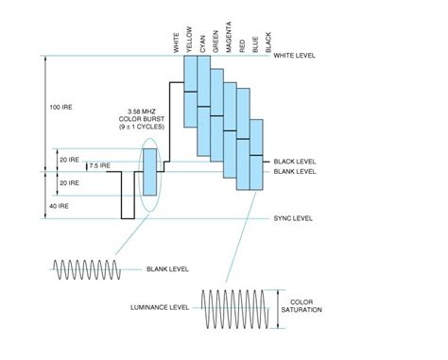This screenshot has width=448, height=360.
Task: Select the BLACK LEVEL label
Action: tap(294, 162)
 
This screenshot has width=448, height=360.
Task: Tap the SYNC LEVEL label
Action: tap(293, 218)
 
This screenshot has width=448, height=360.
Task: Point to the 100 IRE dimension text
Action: tap(60, 107)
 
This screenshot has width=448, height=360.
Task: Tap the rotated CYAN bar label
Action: tap(202, 37)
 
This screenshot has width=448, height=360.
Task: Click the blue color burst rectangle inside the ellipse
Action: tap(149, 171)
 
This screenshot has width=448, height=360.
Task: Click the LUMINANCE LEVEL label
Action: tap(162, 307)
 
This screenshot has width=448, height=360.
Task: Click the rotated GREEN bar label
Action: tap(215, 35)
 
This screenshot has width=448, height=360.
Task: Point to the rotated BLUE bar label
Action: tap(255, 39)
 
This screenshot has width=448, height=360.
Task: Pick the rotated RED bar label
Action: tap(242, 41)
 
